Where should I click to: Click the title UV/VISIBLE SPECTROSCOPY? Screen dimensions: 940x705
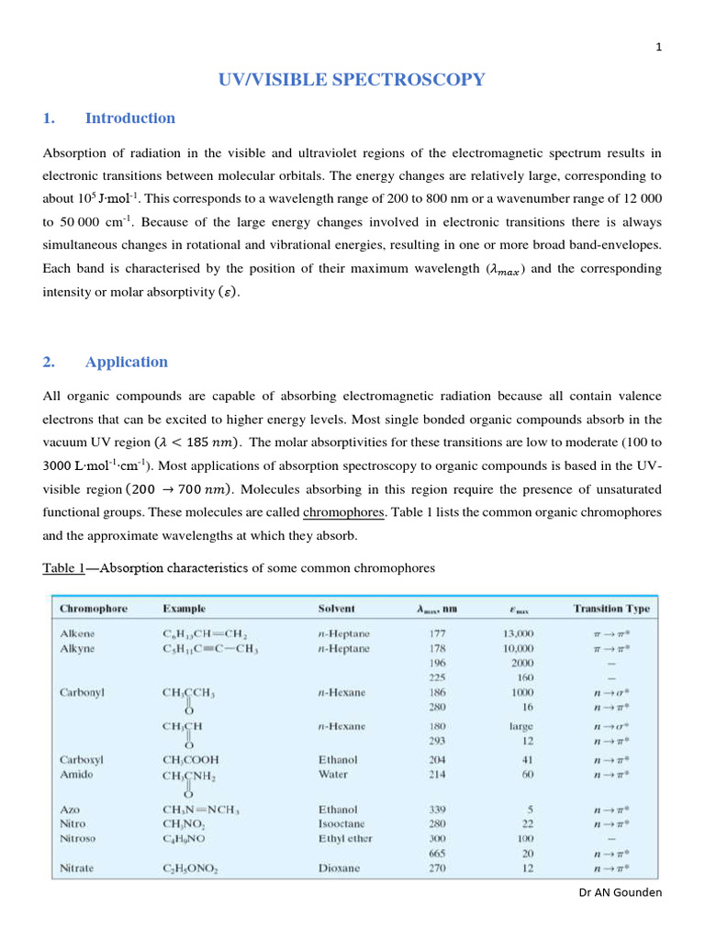click(x=351, y=80)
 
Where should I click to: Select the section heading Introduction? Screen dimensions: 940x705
click(x=129, y=117)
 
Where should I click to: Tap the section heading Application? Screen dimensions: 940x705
click(x=126, y=362)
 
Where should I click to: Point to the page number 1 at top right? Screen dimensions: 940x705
click(x=658, y=49)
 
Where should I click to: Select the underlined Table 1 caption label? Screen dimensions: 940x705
click(x=63, y=567)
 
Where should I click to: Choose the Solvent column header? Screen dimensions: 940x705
click(x=336, y=609)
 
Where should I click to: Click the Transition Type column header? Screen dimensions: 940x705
click(x=611, y=609)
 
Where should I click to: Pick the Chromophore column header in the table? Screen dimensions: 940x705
click(x=94, y=609)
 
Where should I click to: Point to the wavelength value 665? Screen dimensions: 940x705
click(x=438, y=853)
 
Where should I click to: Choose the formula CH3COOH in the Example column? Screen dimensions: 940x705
click(x=191, y=760)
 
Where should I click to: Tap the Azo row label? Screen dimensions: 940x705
click(x=71, y=810)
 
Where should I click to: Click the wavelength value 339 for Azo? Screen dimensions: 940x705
click(x=438, y=810)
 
